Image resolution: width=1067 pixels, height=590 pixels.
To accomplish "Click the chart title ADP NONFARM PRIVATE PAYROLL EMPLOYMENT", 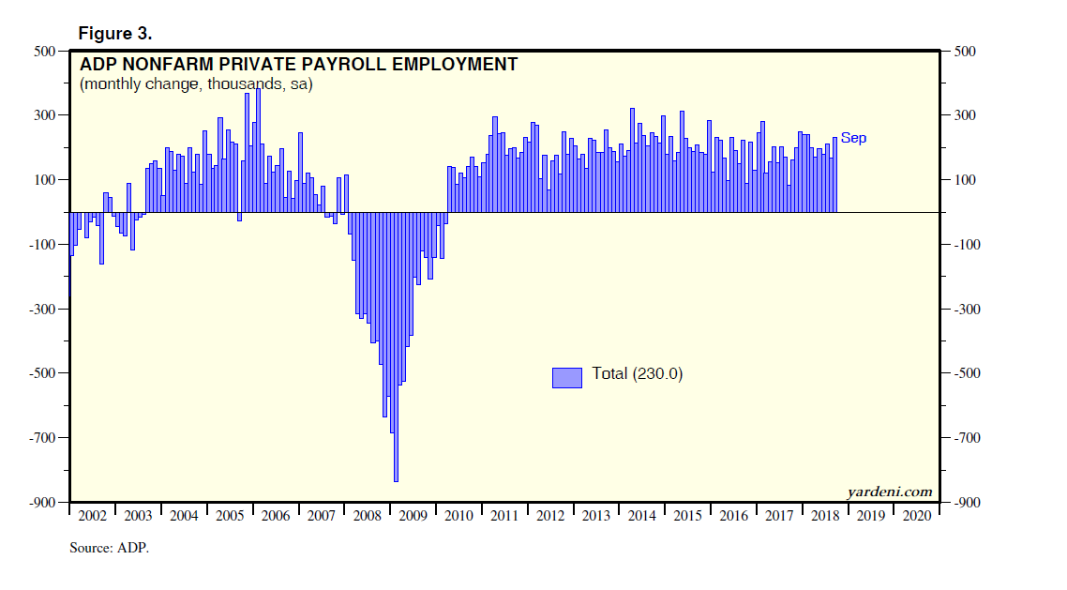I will pyautogui.click(x=298, y=65).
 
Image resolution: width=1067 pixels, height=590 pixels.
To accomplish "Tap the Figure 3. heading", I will pyautogui.click(x=115, y=33).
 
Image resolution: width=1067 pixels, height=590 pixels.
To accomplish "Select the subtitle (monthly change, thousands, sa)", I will pyautogui.click(x=196, y=84).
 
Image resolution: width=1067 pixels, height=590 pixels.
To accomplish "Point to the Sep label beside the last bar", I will pyautogui.click(x=853, y=138).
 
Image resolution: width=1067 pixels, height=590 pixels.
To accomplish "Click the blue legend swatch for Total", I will pyautogui.click(x=566, y=376).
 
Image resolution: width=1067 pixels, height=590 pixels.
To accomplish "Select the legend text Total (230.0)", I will pyautogui.click(x=638, y=374).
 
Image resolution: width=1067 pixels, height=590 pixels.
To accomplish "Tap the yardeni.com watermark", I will pyautogui.click(x=890, y=492).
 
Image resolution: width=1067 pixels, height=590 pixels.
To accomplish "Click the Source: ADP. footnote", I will pyautogui.click(x=109, y=548).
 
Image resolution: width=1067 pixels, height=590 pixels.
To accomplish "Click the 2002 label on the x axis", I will pyautogui.click(x=92, y=517).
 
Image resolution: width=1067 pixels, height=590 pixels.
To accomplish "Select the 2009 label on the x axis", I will pyautogui.click(x=413, y=517).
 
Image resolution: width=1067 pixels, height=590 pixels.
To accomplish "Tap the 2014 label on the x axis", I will pyautogui.click(x=642, y=517).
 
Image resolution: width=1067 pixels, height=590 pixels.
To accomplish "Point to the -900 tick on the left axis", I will pyautogui.click(x=43, y=503).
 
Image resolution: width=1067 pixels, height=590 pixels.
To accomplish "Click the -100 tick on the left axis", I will pyautogui.click(x=43, y=245).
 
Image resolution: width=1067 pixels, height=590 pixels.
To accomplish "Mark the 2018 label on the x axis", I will pyautogui.click(x=826, y=517).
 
